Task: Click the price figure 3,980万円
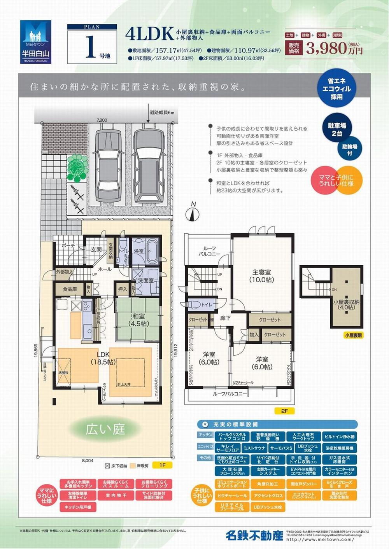tap(334, 48)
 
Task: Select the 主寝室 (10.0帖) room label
tap(262, 276)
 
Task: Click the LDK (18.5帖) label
tap(103, 358)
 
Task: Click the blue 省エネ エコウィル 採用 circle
tap(336, 89)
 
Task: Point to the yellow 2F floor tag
tap(283, 411)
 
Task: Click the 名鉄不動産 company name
tap(254, 535)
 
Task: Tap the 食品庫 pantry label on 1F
tap(70, 289)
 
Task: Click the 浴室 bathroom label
tap(139, 251)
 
